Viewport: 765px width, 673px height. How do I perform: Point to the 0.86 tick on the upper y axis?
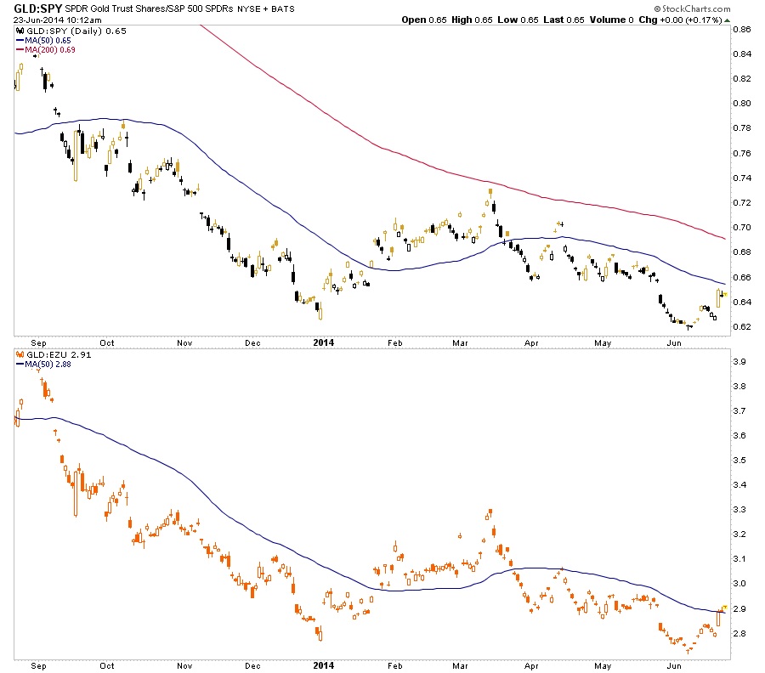tap(741, 29)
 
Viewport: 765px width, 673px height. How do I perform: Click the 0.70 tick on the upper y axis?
tap(741, 228)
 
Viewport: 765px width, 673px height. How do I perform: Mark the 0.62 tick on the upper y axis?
tap(741, 327)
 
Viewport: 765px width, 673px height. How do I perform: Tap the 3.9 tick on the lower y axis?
tap(739, 361)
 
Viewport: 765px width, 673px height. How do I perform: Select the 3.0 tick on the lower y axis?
tap(739, 584)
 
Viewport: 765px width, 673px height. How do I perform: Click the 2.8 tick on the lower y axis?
tap(739, 634)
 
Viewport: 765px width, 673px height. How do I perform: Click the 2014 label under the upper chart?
tap(323, 342)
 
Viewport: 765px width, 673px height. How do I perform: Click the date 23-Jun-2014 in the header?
tap(32, 20)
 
